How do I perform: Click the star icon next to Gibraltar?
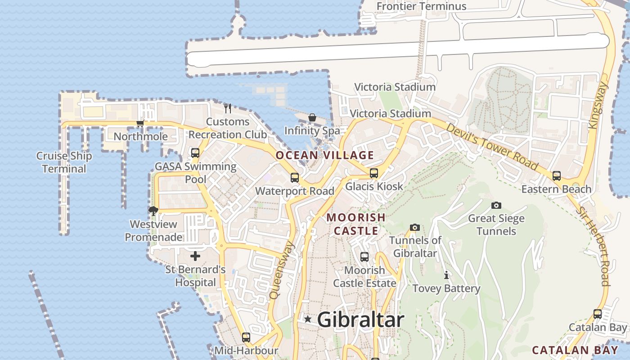click(x=308, y=319)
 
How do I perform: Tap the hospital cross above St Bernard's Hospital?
click(x=195, y=256)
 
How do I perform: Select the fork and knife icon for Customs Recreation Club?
click(x=228, y=108)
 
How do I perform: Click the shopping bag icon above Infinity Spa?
click(x=312, y=118)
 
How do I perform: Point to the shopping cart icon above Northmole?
click(x=140, y=123)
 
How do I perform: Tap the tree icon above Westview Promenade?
click(x=153, y=211)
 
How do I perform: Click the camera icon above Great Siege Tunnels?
click(x=496, y=206)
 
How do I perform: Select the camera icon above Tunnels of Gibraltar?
click(x=415, y=227)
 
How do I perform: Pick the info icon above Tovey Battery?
click(x=446, y=275)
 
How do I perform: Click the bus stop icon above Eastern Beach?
click(x=557, y=176)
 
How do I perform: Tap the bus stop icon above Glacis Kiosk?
click(x=374, y=173)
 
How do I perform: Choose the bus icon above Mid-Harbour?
click(x=246, y=337)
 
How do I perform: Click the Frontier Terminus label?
click(x=421, y=6)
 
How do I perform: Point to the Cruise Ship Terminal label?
click(x=64, y=162)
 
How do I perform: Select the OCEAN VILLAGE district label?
click(x=324, y=156)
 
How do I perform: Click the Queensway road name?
click(x=282, y=270)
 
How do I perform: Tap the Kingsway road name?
click(x=599, y=106)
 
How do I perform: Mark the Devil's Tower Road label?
click(x=492, y=146)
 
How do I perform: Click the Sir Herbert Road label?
click(x=600, y=246)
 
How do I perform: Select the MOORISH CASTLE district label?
click(x=355, y=224)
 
